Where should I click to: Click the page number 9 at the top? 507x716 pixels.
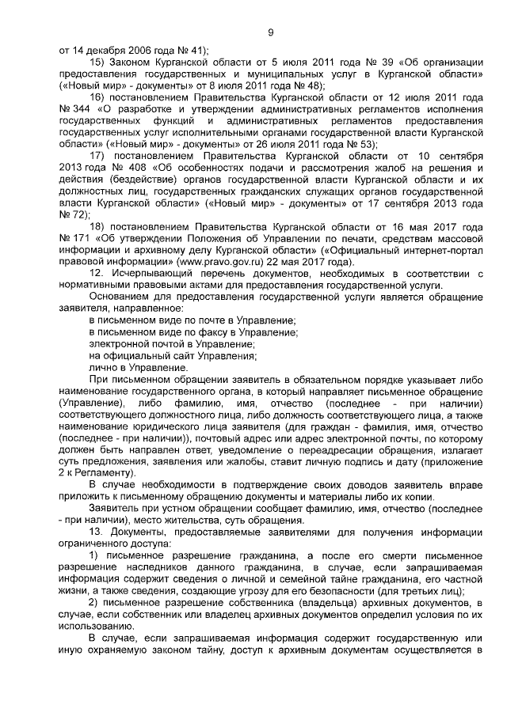[x=270, y=32]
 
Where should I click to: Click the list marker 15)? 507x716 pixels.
[x=97, y=62]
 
